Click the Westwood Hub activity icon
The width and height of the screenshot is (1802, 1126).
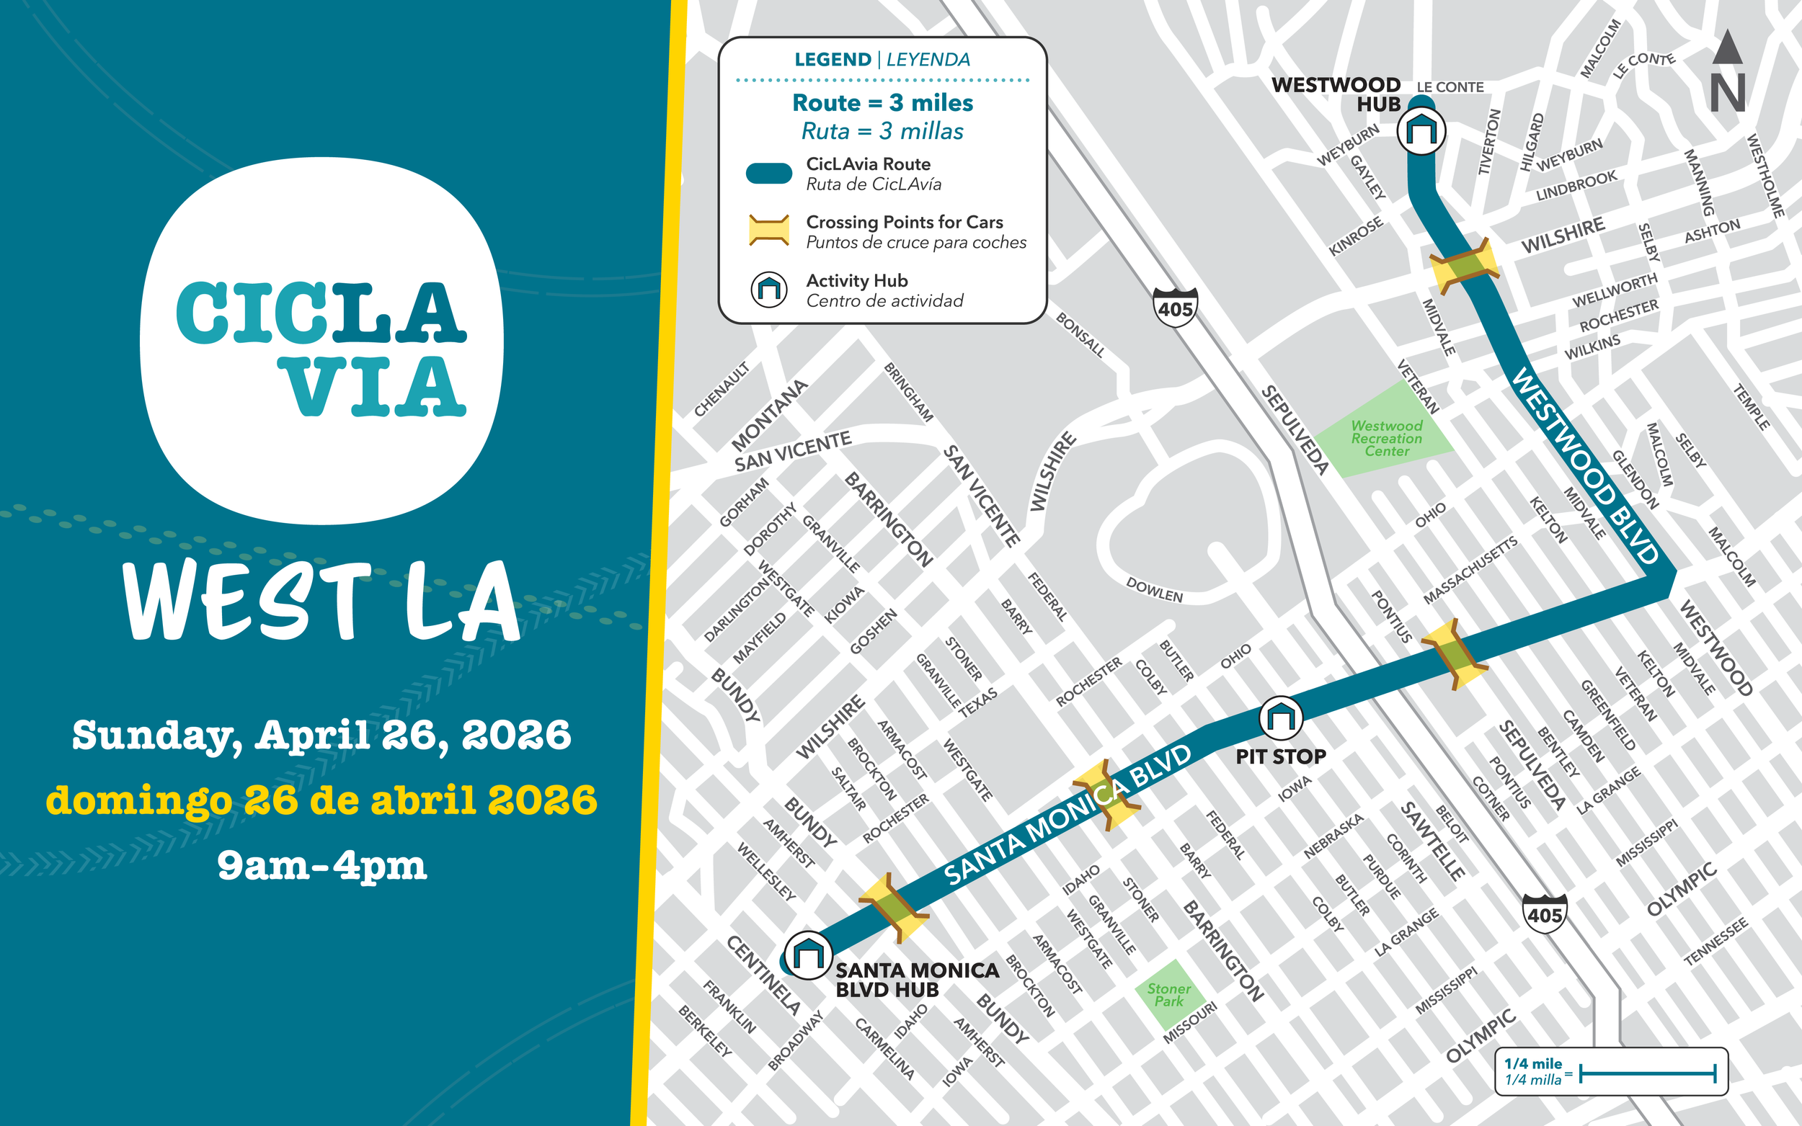pyautogui.click(x=1421, y=131)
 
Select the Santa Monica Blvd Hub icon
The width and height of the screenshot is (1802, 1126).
pyautogui.click(x=808, y=955)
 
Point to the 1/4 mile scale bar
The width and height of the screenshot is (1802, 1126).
pyautogui.click(x=1646, y=1074)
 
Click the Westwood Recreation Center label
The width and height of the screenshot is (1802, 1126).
pyautogui.click(x=1386, y=439)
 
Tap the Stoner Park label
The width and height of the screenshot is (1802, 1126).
pyautogui.click(x=1168, y=995)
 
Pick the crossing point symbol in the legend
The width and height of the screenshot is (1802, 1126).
pyautogui.click(x=768, y=231)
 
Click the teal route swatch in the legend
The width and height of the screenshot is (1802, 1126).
pyautogui.click(x=769, y=174)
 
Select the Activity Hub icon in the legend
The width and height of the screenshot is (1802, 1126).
pyautogui.click(x=769, y=289)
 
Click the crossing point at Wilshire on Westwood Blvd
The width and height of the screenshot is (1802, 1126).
pyautogui.click(x=1464, y=266)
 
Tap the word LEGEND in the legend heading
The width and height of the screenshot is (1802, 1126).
pyautogui.click(x=832, y=60)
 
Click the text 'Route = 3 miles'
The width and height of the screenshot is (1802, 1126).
pyautogui.click(x=882, y=103)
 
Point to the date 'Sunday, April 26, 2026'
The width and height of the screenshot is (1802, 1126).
pyautogui.click(x=321, y=736)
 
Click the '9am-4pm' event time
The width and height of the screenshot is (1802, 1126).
pyautogui.click(x=321, y=865)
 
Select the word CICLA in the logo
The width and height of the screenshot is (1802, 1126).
pyautogui.click(x=321, y=313)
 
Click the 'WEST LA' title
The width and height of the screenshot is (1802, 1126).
pyautogui.click(x=321, y=602)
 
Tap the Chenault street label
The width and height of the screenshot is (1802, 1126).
pyautogui.click(x=721, y=390)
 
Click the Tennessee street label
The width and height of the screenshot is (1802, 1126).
pyautogui.click(x=1715, y=942)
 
